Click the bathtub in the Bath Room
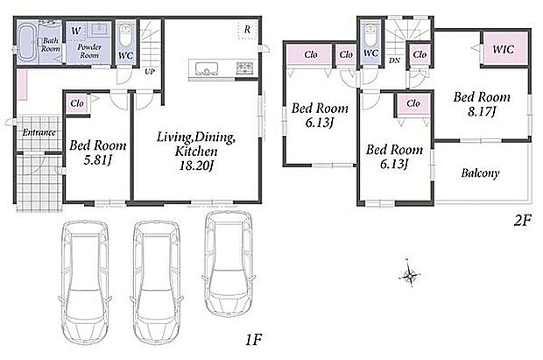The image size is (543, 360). click(x=26, y=43)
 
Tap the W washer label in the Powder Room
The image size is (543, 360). click(x=76, y=31)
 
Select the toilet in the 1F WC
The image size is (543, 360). click(x=125, y=37)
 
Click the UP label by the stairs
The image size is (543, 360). click(x=150, y=72)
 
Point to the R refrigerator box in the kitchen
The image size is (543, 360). click(x=247, y=30)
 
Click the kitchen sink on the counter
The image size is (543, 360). click(x=207, y=68)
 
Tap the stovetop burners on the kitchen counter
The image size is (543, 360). click(x=245, y=67)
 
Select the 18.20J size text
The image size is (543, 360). click(x=196, y=166)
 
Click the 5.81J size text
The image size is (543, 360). click(x=98, y=159)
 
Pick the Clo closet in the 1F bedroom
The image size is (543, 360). click(x=76, y=103)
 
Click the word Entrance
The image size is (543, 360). click(x=39, y=132)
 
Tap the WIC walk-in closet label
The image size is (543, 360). click(x=504, y=49)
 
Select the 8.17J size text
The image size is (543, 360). click(x=482, y=111)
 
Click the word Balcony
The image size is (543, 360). click(x=480, y=173)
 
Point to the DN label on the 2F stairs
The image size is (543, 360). click(x=394, y=60)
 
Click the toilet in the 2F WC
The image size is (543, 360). click(x=370, y=35)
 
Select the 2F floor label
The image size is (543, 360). click(x=522, y=221)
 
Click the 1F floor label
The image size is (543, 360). click(x=253, y=340)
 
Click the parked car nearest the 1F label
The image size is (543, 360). click(x=229, y=264)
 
